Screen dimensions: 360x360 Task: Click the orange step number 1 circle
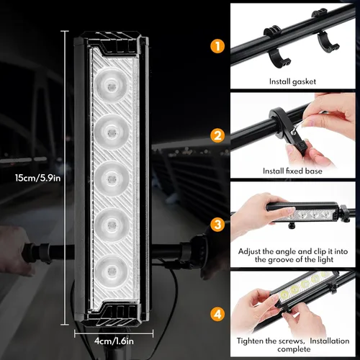point(217,45)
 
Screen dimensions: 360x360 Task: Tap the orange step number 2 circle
point(217,134)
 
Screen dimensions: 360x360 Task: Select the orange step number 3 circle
point(217,224)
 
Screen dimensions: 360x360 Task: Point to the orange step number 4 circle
point(217,313)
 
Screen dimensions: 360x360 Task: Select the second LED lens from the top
point(114,130)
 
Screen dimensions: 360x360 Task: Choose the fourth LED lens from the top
point(114,222)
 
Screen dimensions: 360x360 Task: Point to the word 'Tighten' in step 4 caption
point(253,341)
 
